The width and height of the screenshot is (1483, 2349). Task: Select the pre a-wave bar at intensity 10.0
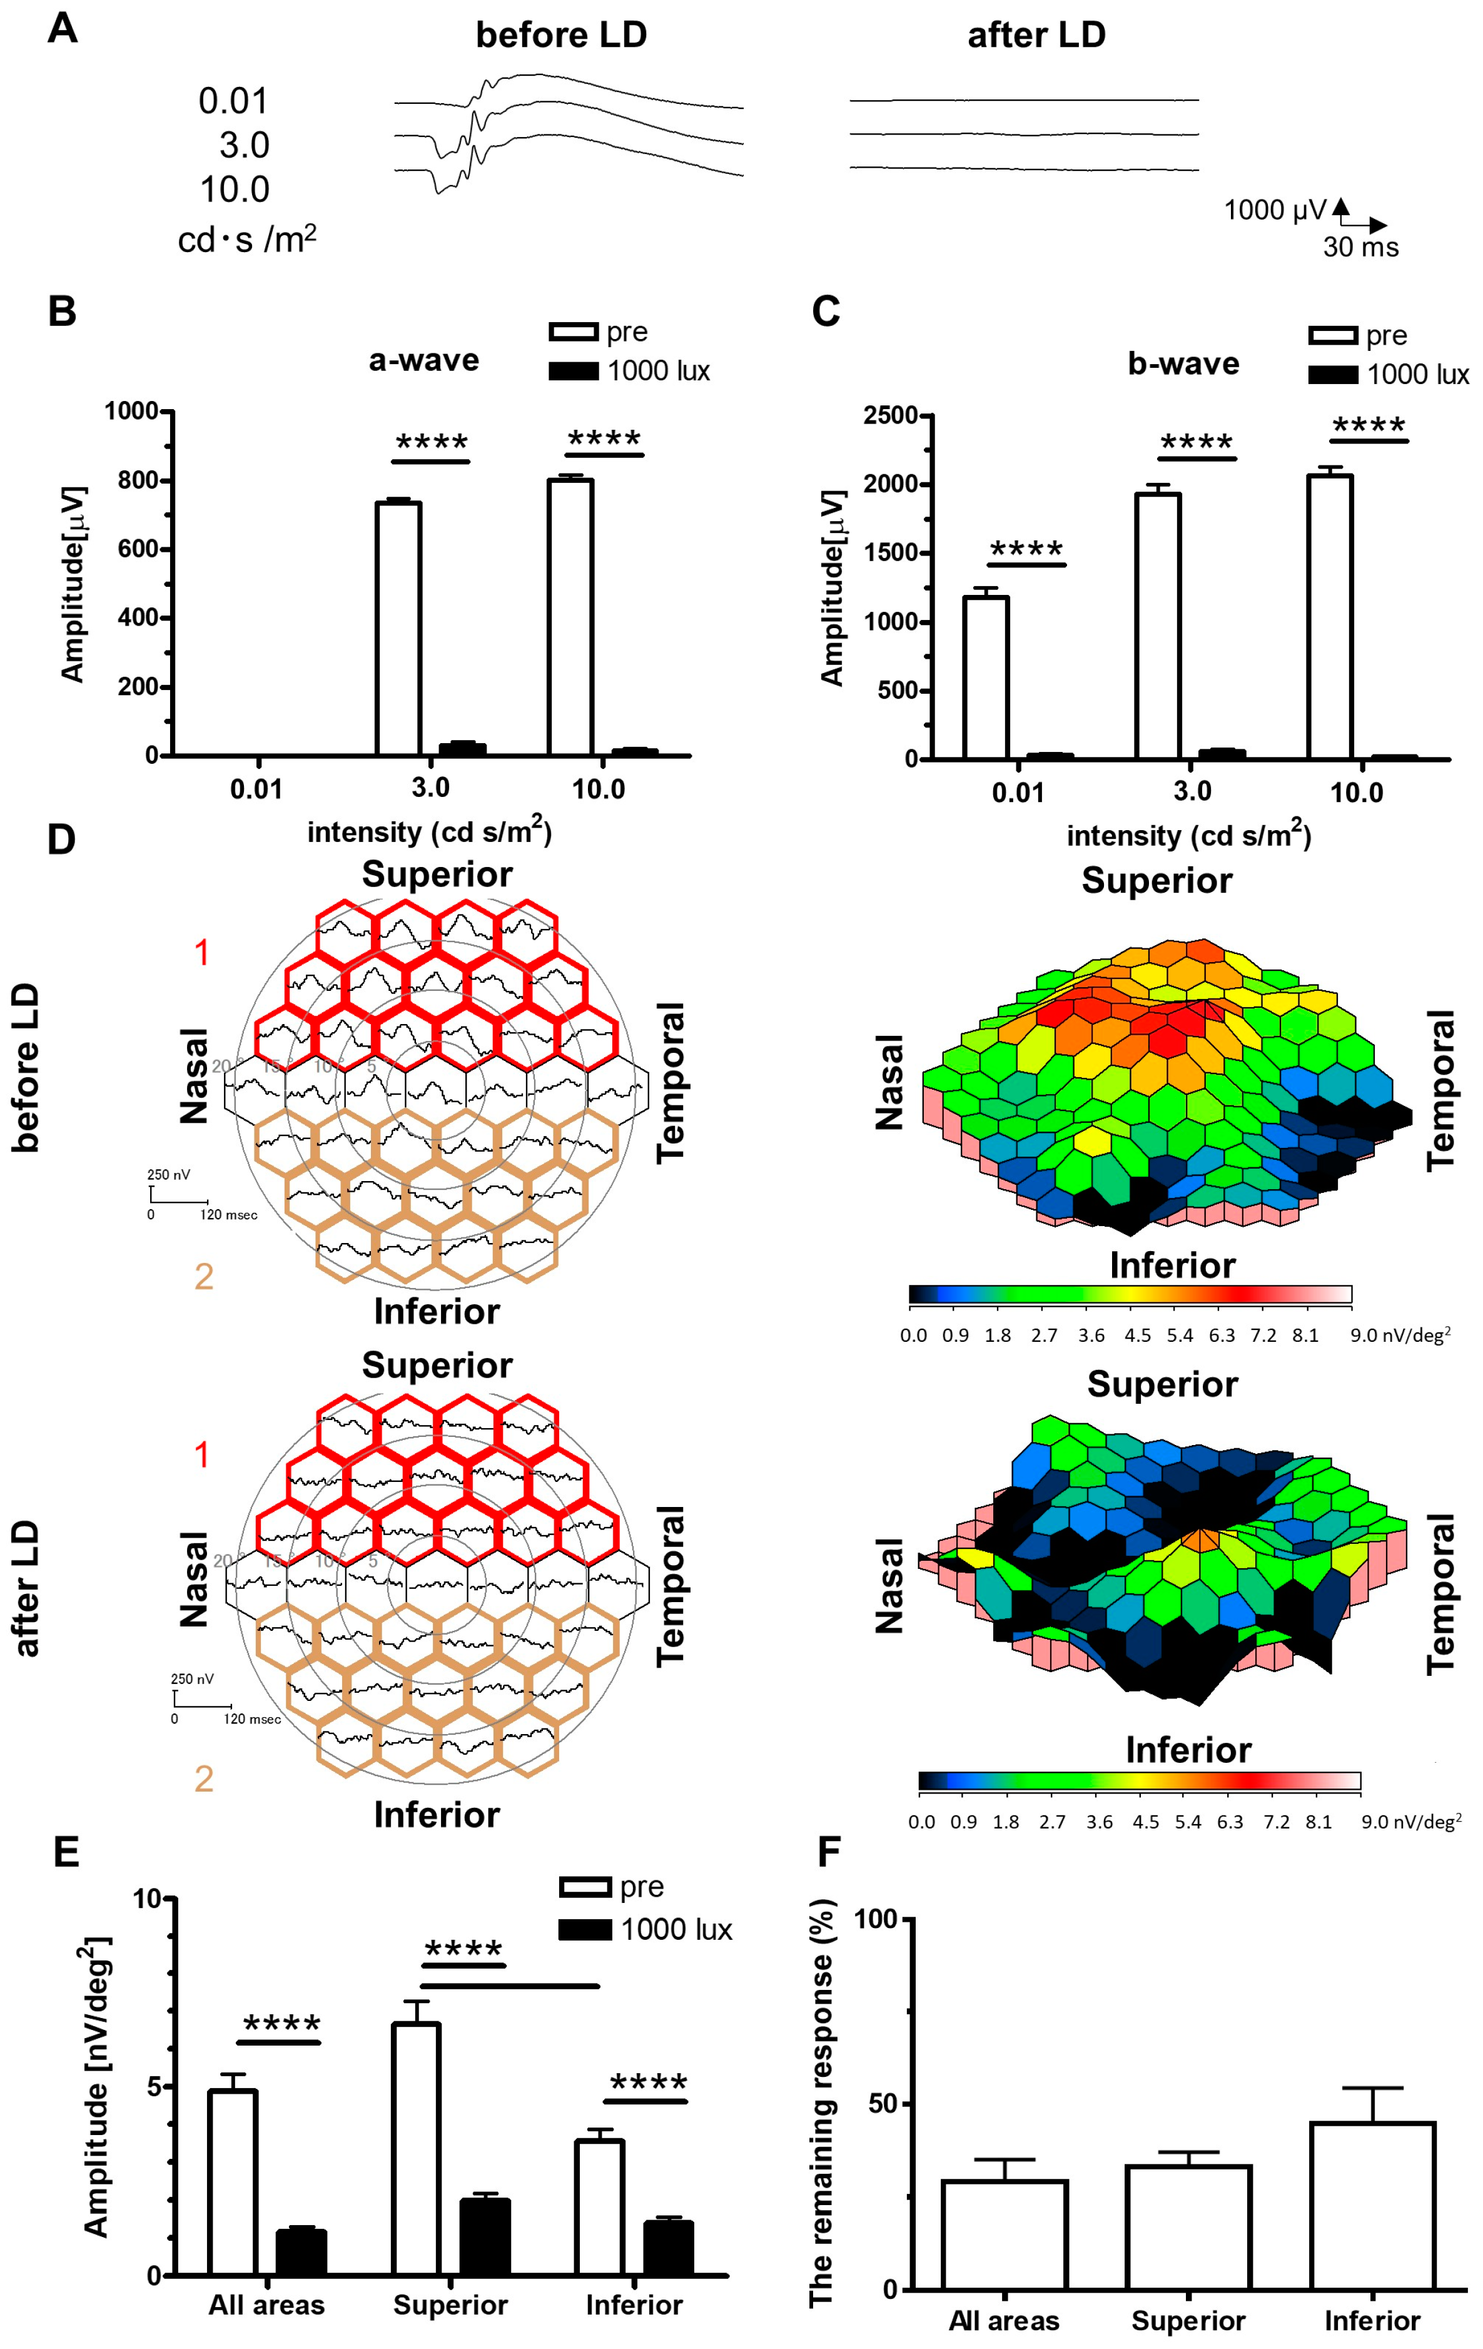(570, 617)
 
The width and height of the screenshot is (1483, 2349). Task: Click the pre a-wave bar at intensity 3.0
(398, 629)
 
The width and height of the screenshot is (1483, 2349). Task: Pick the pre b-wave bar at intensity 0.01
(985, 678)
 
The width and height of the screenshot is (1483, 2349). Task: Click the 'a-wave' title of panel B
(423, 360)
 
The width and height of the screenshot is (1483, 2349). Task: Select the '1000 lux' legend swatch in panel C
(1333, 375)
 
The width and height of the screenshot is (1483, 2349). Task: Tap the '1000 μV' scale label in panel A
(1275, 210)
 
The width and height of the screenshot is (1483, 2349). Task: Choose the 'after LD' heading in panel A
(1036, 35)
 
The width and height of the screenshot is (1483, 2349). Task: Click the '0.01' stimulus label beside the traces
(232, 101)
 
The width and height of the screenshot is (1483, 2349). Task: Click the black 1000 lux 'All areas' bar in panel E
(300, 2253)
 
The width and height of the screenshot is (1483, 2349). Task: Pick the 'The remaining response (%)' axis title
(821, 2102)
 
